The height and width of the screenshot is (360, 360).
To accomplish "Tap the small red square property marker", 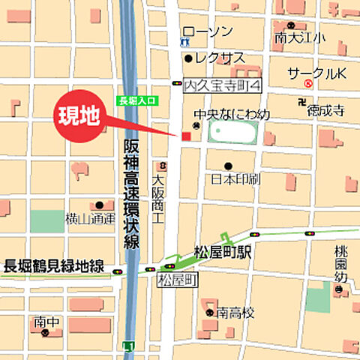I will click(186, 136).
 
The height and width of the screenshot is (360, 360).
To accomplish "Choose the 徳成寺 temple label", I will click(327, 109).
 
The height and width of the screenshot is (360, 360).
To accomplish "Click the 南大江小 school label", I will click(301, 37).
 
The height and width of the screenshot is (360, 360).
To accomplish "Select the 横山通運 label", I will click(90, 218).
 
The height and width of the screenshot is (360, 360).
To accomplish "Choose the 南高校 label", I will click(232, 312).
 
